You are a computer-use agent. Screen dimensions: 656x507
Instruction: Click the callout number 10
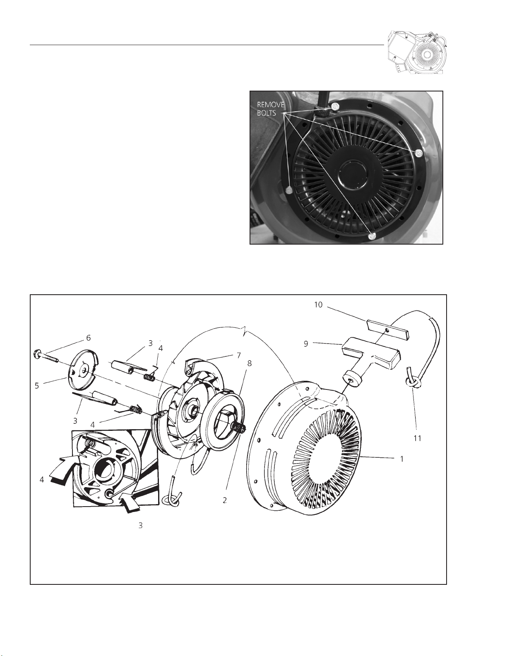click(x=318, y=305)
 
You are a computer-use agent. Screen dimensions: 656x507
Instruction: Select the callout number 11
click(x=418, y=438)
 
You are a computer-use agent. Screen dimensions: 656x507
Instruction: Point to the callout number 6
click(x=88, y=338)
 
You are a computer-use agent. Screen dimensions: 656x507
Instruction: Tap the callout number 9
click(x=306, y=344)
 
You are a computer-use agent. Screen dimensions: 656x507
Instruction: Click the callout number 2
click(x=225, y=500)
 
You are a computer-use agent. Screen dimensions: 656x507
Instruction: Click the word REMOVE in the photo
click(x=270, y=105)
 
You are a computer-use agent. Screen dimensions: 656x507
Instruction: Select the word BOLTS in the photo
click(x=267, y=113)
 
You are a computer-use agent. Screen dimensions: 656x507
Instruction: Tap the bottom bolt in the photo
click(x=372, y=236)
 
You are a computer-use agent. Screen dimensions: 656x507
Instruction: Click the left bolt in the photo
click(x=289, y=190)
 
